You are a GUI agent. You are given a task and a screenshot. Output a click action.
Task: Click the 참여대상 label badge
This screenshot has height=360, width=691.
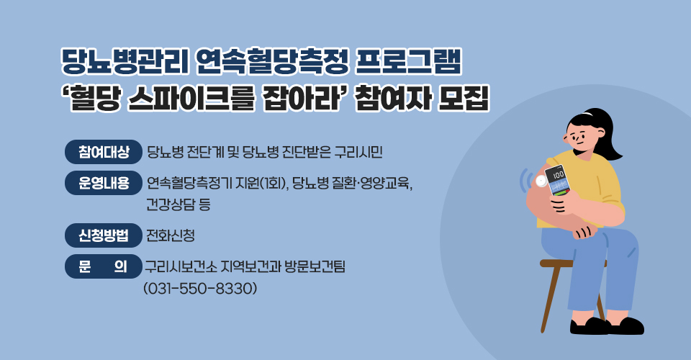pyautogui.click(x=104, y=152)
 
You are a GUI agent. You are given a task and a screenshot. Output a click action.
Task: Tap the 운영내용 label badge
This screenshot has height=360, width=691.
pyautogui.click(x=104, y=183)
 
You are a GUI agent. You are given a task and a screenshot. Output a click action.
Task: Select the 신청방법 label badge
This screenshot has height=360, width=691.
pyautogui.click(x=104, y=235)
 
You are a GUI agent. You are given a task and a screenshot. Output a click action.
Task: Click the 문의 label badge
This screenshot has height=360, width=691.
pyautogui.click(x=104, y=267)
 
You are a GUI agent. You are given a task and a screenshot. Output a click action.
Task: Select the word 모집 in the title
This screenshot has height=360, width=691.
pyautogui.click(x=462, y=99)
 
